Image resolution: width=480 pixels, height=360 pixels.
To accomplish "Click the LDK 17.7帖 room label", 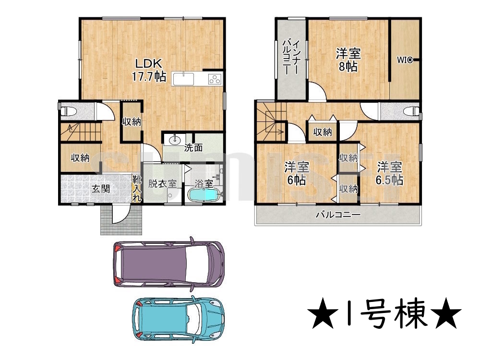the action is point(149,70).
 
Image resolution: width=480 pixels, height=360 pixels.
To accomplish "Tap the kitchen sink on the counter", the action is point(183,79).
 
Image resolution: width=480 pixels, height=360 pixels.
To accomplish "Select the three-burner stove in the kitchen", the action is point(215,79).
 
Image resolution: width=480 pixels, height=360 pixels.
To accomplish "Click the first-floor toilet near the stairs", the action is point(69,111).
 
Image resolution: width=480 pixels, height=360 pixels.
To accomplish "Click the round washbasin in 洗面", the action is point(175,140).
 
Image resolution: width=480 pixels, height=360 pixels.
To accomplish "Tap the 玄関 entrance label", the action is point(101,189).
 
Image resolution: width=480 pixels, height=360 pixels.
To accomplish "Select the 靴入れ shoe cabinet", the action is point(137,189).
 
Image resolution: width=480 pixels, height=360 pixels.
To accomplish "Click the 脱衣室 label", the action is point(163,184).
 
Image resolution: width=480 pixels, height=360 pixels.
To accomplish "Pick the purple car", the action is point(169,264).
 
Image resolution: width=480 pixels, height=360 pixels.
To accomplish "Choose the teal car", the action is point(178,319).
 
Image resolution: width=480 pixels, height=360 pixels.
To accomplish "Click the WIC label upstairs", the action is point(404,60).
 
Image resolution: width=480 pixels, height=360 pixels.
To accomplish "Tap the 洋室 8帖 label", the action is point(348,60).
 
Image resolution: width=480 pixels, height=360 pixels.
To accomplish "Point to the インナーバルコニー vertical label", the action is point(291,57).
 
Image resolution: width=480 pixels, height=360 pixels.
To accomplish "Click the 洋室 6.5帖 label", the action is point(389,173).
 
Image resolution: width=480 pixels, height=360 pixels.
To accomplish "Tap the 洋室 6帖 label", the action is point(297,173).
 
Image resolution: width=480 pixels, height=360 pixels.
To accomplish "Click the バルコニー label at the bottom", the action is point(338,215).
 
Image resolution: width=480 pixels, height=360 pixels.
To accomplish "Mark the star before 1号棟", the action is point(323,313).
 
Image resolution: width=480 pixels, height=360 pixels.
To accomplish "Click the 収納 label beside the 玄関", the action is point(80,158).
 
